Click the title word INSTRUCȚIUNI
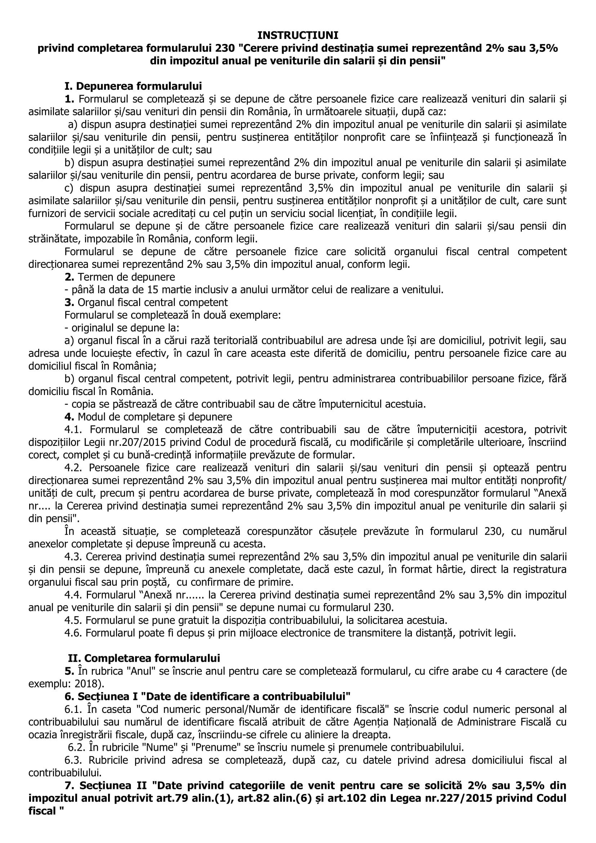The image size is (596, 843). click(298, 35)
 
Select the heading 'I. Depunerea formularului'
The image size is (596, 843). click(133, 86)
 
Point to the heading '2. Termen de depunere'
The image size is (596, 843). click(120, 277)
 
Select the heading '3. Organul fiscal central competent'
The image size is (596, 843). click(146, 302)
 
